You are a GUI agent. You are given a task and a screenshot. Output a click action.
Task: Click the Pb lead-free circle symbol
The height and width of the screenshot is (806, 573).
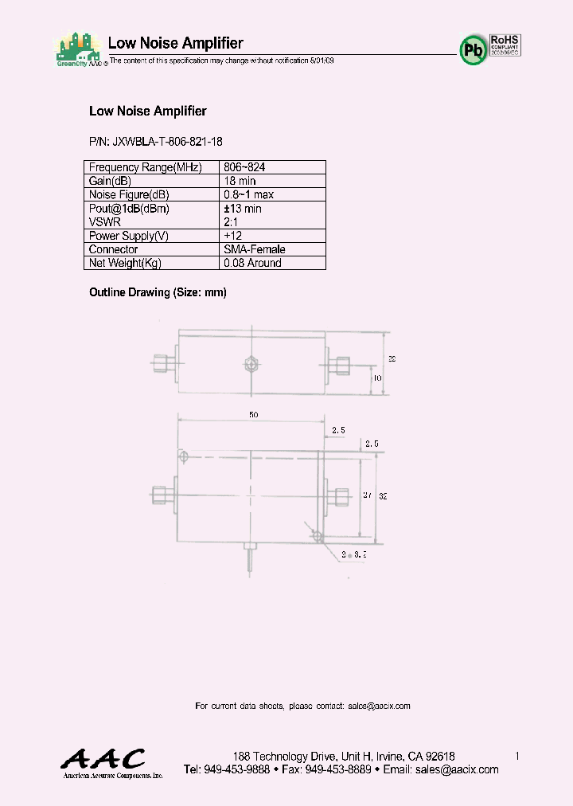click(x=473, y=49)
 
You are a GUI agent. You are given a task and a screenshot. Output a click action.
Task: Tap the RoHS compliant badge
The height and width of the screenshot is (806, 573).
click(x=505, y=44)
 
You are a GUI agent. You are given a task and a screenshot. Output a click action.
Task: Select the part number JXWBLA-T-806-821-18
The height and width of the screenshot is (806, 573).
click(x=156, y=141)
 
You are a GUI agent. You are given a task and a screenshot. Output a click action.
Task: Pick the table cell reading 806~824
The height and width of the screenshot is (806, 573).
click(x=245, y=167)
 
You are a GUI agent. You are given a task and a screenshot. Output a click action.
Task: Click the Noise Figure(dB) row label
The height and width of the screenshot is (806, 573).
click(x=129, y=195)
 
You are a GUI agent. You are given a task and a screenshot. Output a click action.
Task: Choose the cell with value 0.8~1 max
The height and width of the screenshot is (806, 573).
click(x=249, y=195)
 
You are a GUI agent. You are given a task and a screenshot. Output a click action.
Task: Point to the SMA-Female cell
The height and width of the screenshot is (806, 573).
click(x=255, y=249)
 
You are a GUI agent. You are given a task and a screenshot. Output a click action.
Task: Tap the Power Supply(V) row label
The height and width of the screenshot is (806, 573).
click(x=129, y=236)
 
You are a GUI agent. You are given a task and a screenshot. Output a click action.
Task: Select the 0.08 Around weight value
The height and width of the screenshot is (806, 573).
click(x=252, y=263)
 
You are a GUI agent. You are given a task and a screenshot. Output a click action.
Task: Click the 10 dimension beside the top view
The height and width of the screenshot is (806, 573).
click(x=376, y=378)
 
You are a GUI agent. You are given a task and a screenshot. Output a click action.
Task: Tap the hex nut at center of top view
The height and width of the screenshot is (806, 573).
click(x=251, y=364)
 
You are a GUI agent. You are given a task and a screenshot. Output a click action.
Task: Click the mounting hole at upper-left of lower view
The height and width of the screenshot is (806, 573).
click(x=184, y=457)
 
